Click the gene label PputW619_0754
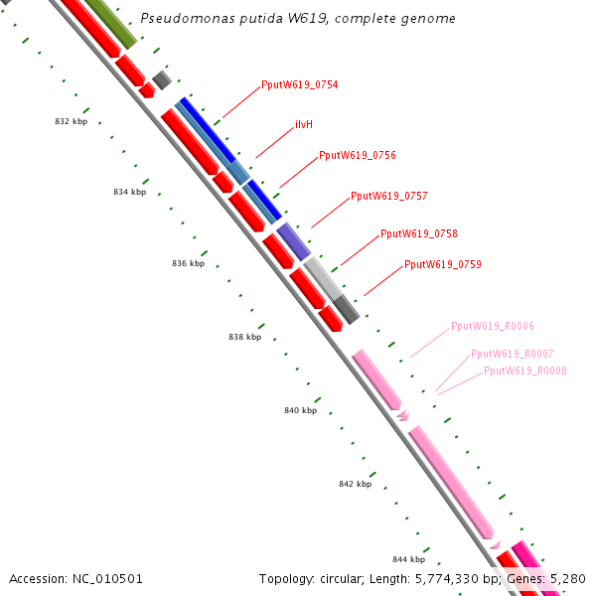tap(299, 85)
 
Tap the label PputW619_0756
tap(357, 156)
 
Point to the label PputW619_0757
tap(388, 197)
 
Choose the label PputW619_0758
tap(418, 234)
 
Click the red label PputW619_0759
tap(442, 265)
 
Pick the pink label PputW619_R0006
tap(492, 326)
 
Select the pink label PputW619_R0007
tap(512, 354)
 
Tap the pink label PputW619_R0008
tap(524, 371)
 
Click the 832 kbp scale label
tap(71, 121)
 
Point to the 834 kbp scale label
tap(129, 193)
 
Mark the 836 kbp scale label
tap(188, 264)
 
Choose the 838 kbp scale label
tap(244, 338)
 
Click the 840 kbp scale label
tap(300, 411)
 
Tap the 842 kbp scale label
tap(355, 485)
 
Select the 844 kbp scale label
tap(408, 560)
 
